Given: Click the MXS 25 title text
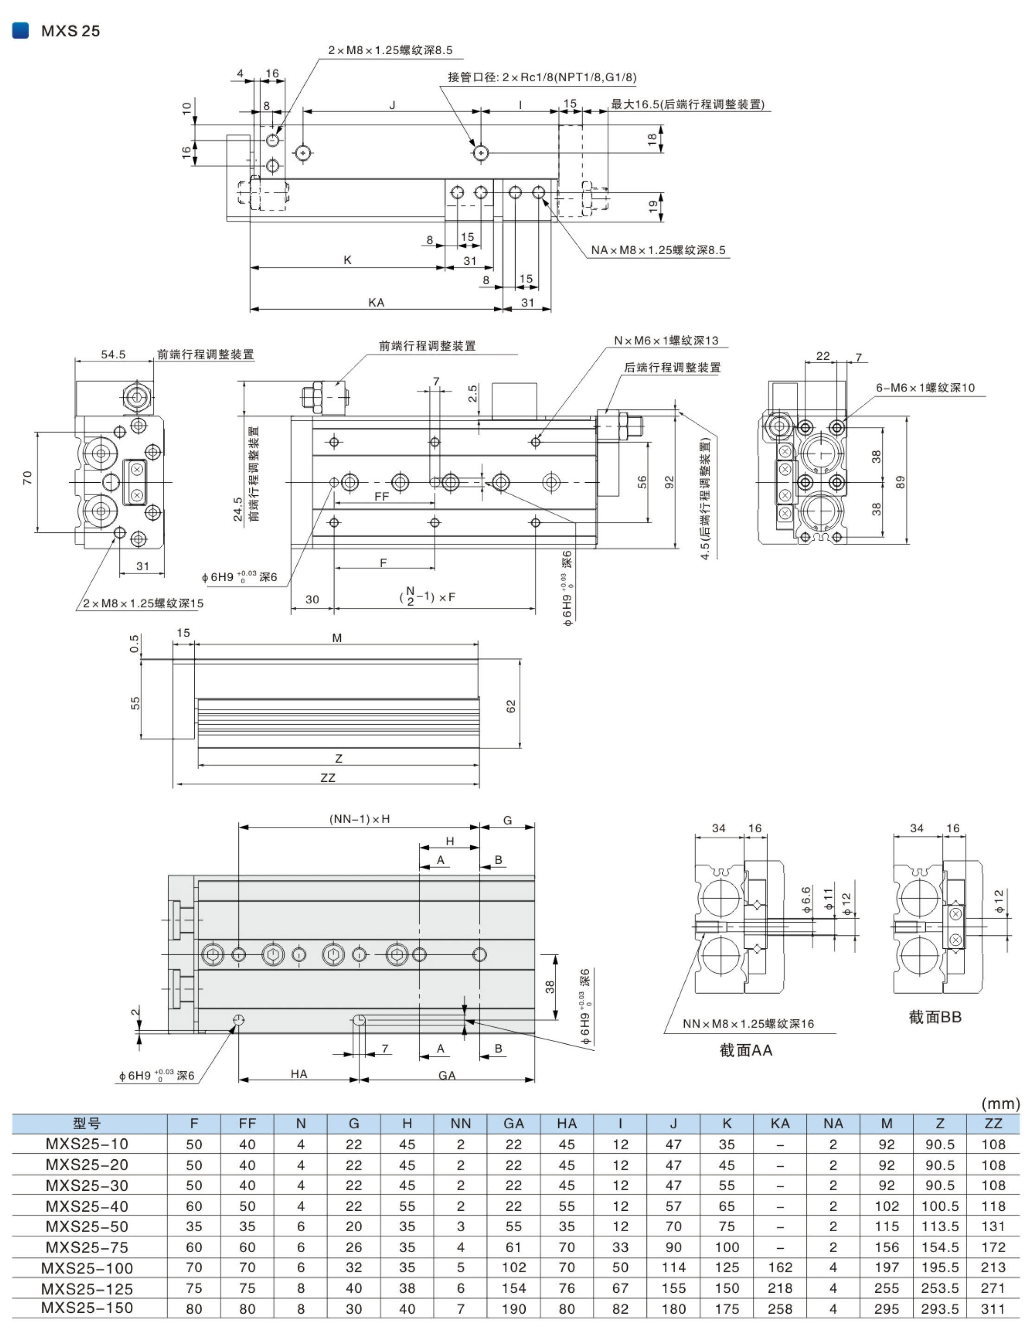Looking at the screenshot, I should (x=70, y=31).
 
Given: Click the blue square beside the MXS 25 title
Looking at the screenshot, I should (x=20, y=30).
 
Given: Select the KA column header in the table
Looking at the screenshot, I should (x=780, y=1123).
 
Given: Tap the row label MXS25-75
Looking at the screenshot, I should (x=87, y=1247).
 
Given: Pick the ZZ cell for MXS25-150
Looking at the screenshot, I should (x=993, y=1309).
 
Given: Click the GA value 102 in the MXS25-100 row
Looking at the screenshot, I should (x=513, y=1267).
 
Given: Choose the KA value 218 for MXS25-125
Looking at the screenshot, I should (x=780, y=1288).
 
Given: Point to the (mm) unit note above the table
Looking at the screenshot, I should (x=1000, y=1104).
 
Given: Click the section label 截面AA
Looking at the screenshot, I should (x=745, y=1050).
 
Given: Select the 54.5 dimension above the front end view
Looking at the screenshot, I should (x=113, y=354).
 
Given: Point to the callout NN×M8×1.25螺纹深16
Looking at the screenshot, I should (x=748, y=1023).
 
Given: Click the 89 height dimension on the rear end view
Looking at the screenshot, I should (x=900, y=482).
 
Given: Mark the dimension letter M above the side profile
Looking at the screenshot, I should (x=337, y=638).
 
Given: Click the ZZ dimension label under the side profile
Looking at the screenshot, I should (x=328, y=777).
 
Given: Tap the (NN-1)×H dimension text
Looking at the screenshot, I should (x=359, y=818).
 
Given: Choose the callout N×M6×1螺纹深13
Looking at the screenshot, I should (x=666, y=340).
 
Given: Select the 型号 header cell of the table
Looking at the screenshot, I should (x=87, y=1123).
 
